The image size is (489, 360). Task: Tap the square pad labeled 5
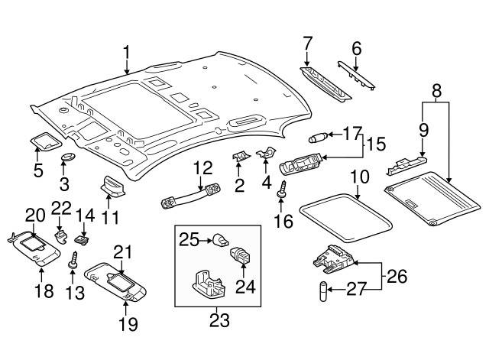point(47,141)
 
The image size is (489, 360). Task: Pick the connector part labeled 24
point(243,256)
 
